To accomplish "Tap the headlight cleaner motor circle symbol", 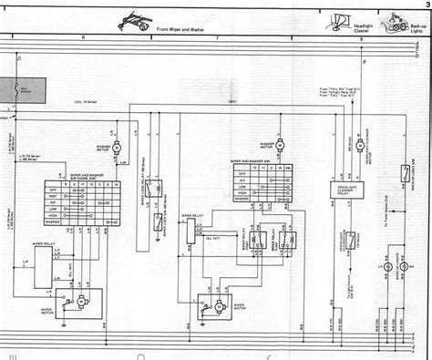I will pos(359,145).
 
